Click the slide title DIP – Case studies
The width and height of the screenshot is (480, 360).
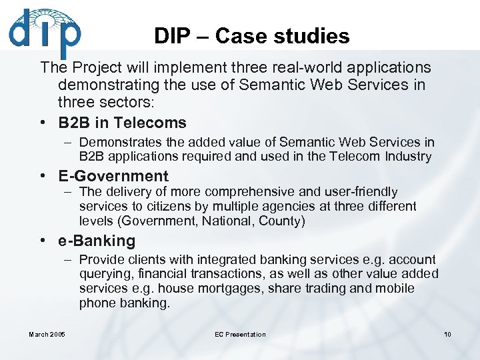click(251, 35)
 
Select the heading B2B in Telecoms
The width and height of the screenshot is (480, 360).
click(122, 123)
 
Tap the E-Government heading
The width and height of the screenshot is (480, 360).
click(113, 176)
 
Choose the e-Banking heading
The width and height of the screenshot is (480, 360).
click(96, 241)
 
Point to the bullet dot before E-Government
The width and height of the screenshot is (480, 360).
click(43, 177)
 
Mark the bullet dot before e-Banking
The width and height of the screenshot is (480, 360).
click(43, 241)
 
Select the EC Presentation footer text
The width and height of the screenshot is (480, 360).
click(240, 334)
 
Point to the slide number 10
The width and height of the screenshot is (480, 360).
click(447, 334)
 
